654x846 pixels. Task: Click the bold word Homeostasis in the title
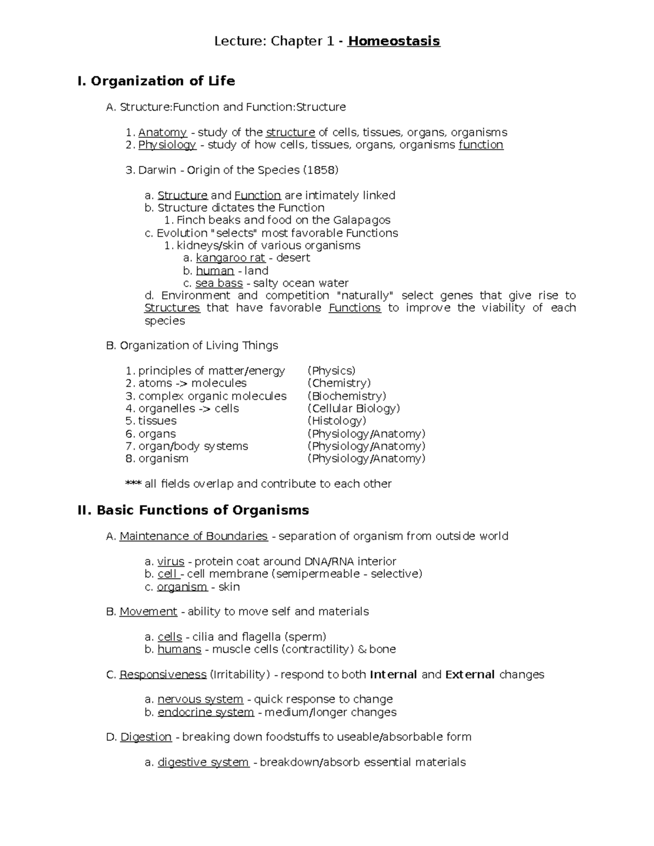point(393,41)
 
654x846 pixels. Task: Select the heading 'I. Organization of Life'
point(156,81)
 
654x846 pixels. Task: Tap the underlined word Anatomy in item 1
point(162,132)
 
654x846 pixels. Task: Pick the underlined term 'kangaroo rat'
point(230,258)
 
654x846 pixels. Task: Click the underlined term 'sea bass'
point(219,283)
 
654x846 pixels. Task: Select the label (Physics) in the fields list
point(331,371)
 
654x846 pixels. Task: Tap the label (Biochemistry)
point(347,396)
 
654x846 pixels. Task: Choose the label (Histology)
point(337,421)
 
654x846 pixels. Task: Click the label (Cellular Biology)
point(354,409)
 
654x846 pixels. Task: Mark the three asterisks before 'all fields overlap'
point(134,484)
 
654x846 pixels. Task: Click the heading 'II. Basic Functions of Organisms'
point(193,510)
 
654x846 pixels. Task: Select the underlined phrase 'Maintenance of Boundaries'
point(193,537)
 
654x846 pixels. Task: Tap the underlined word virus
point(171,562)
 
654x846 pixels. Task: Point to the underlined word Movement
point(148,612)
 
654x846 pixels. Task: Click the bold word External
point(470,675)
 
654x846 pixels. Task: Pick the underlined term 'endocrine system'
point(205,713)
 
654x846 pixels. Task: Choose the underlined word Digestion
point(146,737)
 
